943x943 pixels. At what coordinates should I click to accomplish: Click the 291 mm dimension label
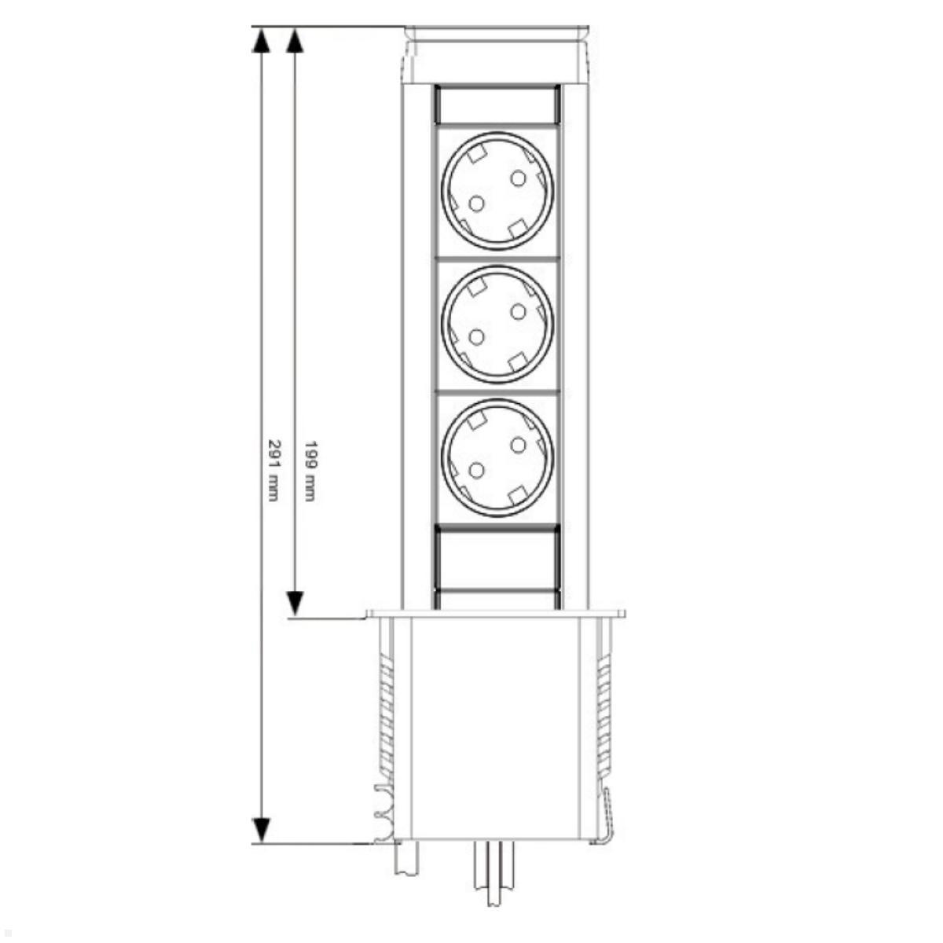[x=273, y=469]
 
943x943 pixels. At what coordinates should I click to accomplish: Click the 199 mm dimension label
[x=310, y=469]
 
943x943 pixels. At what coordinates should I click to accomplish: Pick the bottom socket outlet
[x=497, y=457]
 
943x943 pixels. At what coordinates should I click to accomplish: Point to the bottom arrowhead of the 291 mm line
[x=261, y=830]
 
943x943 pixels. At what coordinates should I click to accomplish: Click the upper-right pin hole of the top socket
[x=518, y=178]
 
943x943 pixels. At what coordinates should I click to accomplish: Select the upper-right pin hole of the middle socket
[x=518, y=311]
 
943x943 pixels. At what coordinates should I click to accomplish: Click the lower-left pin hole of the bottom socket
[x=476, y=471]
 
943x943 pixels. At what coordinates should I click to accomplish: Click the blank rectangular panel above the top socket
[x=497, y=104]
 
